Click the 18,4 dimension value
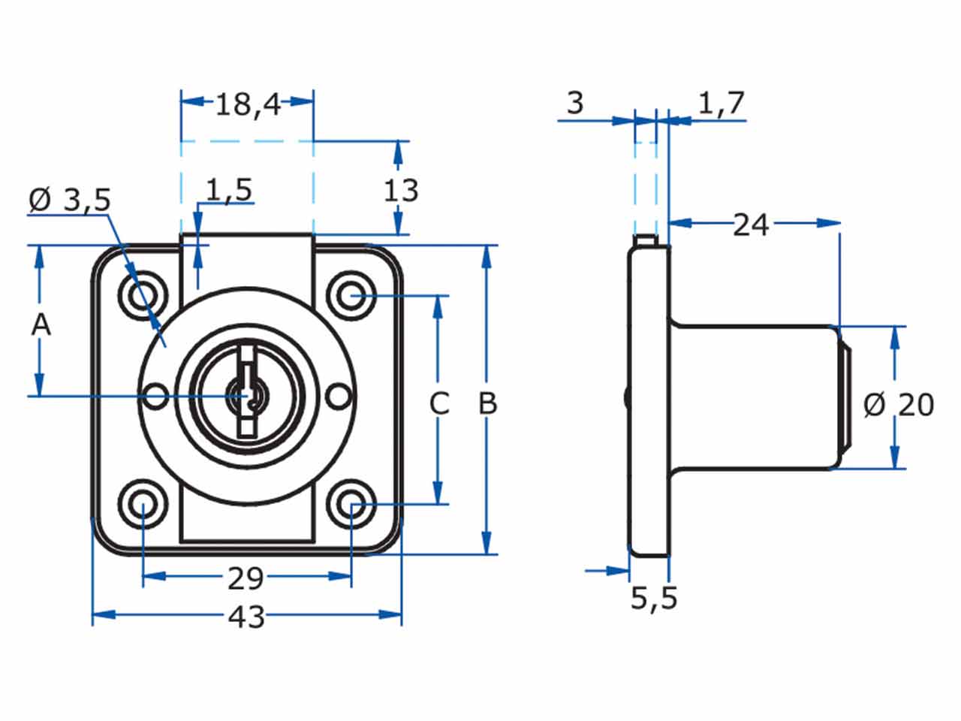tap(248, 104)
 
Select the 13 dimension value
tap(401, 191)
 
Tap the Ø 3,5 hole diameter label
tap(70, 200)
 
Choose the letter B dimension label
tap(488, 403)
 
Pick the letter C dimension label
tap(438, 403)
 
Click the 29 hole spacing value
tap(246, 578)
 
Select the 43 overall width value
tap(246, 617)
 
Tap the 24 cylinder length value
tap(751, 224)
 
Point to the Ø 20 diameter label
tap(898, 405)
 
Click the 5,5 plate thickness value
tap(654, 598)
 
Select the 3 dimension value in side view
tap(574, 104)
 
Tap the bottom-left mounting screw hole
tap(143, 504)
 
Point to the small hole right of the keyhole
tap(339, 396)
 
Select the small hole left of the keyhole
tap(156, 396)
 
